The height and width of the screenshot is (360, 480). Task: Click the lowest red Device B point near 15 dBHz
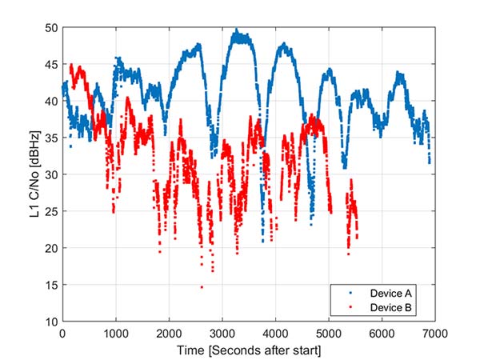coord(202,287)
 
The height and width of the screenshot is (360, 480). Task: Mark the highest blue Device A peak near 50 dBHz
coord(235,30)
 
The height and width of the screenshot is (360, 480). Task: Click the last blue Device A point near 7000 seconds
coord(430,162)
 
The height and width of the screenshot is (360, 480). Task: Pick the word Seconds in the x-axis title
coord(240,349)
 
